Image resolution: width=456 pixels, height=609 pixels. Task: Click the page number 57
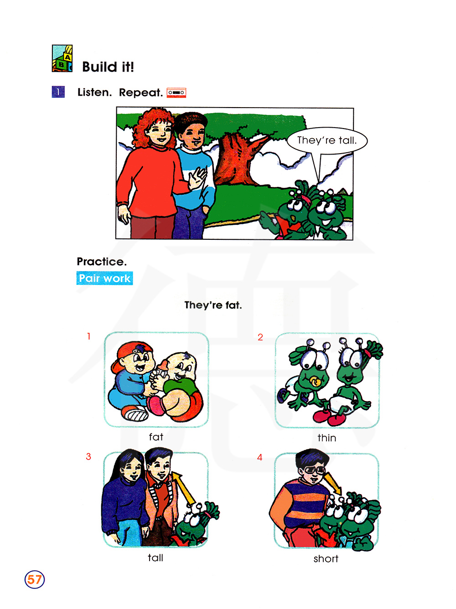[34, 579]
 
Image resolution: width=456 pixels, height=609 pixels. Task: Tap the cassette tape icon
[176, 93]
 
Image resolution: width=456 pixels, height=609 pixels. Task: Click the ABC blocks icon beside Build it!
[62, 58]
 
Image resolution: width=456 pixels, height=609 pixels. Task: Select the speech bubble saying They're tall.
[327, 140]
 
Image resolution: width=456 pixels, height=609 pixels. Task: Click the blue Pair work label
[104, 278]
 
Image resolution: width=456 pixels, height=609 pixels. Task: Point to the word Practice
[102, 261]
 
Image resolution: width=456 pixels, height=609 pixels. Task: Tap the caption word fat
[156, 437]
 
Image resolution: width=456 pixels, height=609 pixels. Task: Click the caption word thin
[326, 438]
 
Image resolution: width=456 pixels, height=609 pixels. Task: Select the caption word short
[326, 558]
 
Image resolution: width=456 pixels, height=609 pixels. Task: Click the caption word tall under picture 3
[155, 557]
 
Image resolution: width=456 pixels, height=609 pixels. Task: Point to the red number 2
[260, 337]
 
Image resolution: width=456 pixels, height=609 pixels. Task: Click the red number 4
[259, 457]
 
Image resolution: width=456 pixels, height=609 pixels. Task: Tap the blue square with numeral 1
[58, 92]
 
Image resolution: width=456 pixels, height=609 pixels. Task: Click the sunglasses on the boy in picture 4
[314, 470]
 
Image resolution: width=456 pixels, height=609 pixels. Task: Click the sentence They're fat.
[213, 305]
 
